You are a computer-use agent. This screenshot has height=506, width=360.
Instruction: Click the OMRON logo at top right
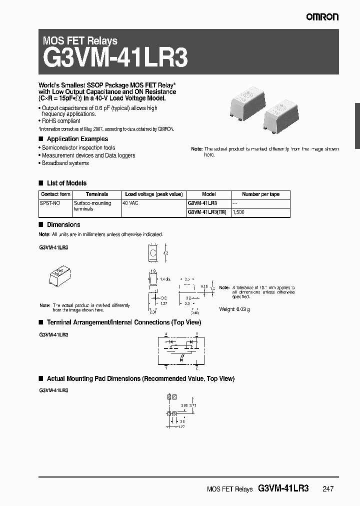pyautogui.click(x=322, y=16)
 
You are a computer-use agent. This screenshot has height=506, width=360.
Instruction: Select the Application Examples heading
pyautogui.click(x=77, y=139)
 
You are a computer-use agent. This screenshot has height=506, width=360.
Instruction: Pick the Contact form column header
pyautogui.click(x=55, y=194)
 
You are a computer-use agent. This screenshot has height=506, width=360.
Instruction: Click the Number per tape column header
pyautogui.click(x=260, y=194)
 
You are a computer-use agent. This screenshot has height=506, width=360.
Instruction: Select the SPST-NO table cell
pyautogui.click(x=50, y=203)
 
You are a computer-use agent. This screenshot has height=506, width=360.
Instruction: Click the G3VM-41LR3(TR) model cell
pyautogui.click(x=207, y=212)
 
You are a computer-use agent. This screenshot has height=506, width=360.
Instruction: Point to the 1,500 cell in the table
pyautogui.click(x=239, y=212)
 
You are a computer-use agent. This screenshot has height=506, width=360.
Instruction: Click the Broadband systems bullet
pyautogui.click(x=65, y=163)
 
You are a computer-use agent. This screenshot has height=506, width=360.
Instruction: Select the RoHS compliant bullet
pyautogui.click(x=61, y=121)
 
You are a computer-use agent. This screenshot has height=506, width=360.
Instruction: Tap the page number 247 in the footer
pyautogui.click(x=328, y=489)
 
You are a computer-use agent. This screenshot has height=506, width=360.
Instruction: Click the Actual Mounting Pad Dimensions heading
pyautogui.click(x=140, y=379)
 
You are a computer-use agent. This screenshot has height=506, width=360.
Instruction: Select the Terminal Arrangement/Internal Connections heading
pyautogui.click(x=123, y=322)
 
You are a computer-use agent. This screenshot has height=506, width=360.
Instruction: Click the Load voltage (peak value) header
pyautogui.click(x=153, y=194)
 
